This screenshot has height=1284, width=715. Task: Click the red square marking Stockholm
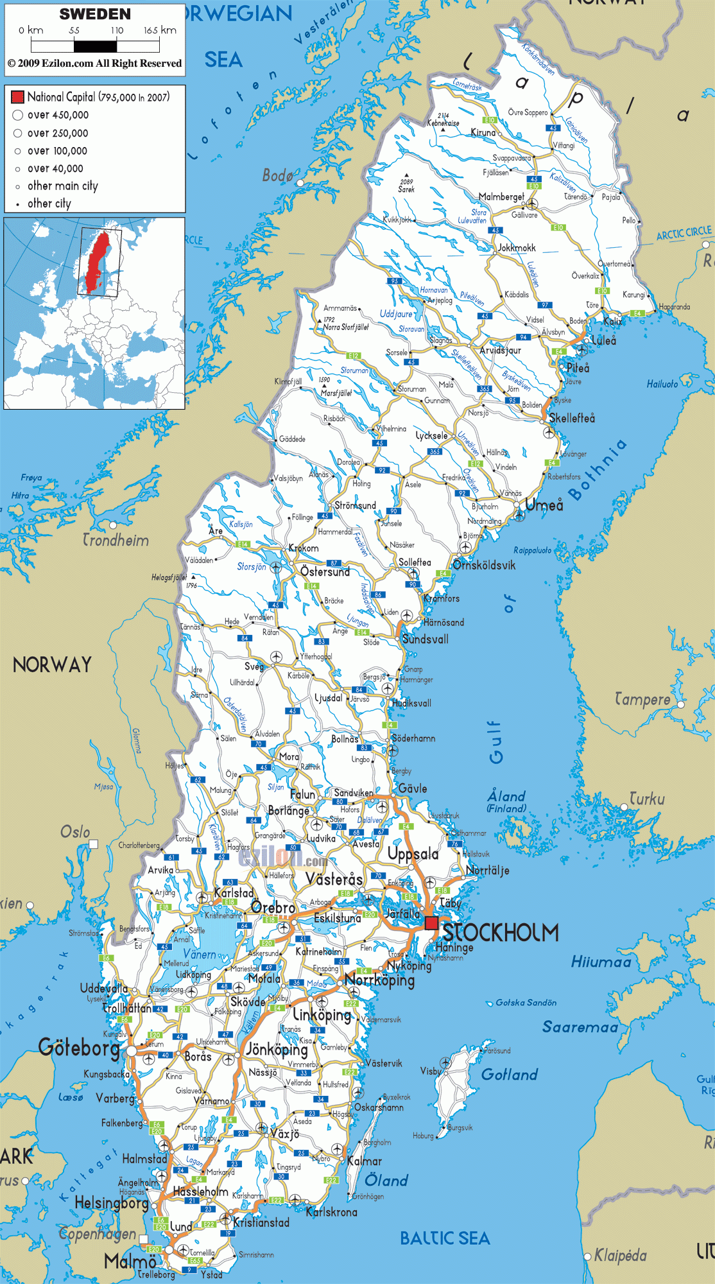[431, 923]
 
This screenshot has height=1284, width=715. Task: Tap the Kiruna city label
[483, 132]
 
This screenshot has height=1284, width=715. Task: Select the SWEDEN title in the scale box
[95, 14]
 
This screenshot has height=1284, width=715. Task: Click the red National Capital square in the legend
[17, 97]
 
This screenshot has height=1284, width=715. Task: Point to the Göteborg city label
[79, 1048]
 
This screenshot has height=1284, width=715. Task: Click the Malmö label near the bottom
[130, 1261]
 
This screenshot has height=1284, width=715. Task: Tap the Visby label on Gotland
[431, 1071]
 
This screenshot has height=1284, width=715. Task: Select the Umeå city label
[544, 505]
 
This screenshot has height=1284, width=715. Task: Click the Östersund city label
[325, 571]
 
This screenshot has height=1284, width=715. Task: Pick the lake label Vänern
[200, 955]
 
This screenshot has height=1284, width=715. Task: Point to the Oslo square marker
[94, 844]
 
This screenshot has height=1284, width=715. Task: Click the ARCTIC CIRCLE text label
[684, 233]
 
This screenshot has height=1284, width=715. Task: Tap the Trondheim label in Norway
[116, 540]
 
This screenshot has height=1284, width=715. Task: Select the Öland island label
[386, 1180]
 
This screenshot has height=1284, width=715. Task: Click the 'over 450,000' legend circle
[18, 115]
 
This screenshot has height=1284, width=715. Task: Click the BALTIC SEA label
[445, 1238]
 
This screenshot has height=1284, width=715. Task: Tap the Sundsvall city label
[425, 639]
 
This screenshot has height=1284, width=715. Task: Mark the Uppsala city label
[413, 854]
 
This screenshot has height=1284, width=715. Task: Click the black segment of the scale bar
[95, 46]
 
